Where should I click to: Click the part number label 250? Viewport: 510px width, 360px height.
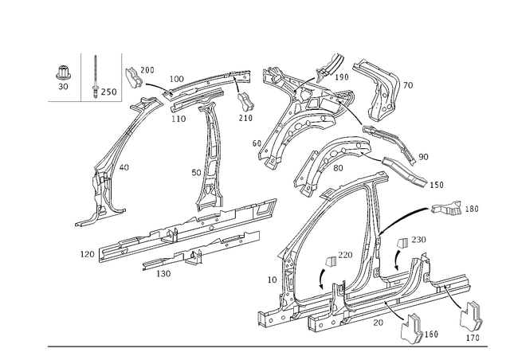pyautogui.click(x=108, y=92)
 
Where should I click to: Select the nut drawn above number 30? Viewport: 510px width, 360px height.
pyautogui.click(x=63, y=72)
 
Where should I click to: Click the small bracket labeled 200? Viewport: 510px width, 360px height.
pyautogui.click(x=133, y=77)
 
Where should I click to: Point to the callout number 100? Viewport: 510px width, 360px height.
pyautogui.click(x=177, y=79)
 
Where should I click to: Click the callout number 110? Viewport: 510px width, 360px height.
pyautogui.click(x=178, y=119)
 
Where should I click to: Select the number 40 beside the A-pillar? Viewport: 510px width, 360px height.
pyautogui.click(x=124, y=167)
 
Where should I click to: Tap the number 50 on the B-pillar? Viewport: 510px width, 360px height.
pyautogui.click(x=196, y=173)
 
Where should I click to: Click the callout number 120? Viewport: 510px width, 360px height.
pyautogui.click(x=87, y=254)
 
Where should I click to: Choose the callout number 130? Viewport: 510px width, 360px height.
pyautogui.click(x=163, y=274)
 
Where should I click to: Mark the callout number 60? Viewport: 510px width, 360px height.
pyautogui.click(x=257, y=143)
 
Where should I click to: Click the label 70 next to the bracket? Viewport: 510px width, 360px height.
pyautogui.click(x=408, y=85)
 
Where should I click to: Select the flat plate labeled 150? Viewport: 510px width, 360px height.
pyautogui.click(x=404, y=172)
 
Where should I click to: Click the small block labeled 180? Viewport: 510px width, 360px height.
pyautogui.click(x=446, y=209)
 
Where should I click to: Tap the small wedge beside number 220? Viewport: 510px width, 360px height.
pyautogui.click(x=331, y=261)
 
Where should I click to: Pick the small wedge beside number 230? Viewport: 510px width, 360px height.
pyautogui.click(x=403, y=243)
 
